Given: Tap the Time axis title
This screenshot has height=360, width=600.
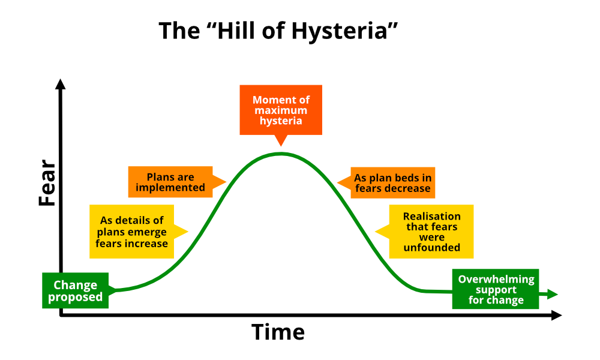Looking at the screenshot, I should coord(278,332).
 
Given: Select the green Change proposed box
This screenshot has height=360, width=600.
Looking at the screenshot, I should coord(76,291).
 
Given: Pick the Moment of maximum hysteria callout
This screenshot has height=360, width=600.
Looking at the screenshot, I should coord(281,110).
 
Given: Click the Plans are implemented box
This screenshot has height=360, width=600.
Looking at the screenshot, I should coord(170,182).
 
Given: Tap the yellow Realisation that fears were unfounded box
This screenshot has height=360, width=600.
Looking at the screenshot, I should coord(431,232).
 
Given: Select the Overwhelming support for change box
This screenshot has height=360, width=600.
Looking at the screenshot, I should coord(496,290).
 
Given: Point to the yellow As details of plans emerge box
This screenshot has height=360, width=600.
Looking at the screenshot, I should coord(132,232).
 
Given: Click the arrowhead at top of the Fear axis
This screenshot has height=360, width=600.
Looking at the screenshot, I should coord(60,84).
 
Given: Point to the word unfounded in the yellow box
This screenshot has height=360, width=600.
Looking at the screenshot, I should coord(432,247).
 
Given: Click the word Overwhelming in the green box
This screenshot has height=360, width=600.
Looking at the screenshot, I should coord(496,279).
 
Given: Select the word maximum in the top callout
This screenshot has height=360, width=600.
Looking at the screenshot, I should coord(281,110).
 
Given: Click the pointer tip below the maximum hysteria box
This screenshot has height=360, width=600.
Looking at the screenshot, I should coord(280,144).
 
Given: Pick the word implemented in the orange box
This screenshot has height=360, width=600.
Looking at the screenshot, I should coord(170,188).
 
